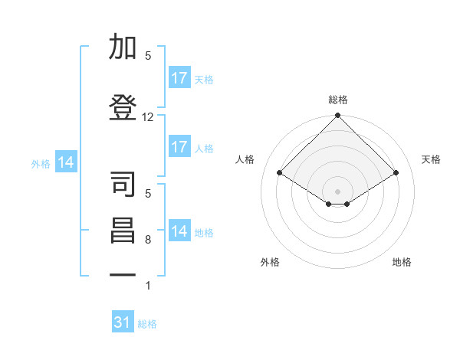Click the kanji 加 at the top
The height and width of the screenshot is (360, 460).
coord(123,46)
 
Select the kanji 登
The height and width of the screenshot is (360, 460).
coord(123,107)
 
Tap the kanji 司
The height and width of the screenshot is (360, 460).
coord(123,184)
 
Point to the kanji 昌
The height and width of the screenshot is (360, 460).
coord(123,231)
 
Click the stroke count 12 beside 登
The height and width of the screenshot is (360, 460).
coord(147,117)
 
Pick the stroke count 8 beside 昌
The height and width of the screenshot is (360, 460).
coord(148,240)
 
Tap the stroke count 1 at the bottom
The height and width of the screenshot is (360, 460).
coord(148,285)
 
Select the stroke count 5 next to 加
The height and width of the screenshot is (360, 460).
coord(148,55)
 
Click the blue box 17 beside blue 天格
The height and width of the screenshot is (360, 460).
coord(179,77)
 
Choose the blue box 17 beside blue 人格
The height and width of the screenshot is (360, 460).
coord(179,146)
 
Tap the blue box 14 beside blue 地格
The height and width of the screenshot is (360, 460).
coord(179,230)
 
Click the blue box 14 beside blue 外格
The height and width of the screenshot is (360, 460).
coord(66,162)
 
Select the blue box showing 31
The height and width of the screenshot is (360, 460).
coord(123,321)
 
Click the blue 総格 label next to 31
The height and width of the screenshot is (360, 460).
coord(147,324)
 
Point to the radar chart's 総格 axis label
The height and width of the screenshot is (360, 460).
coord(338,100)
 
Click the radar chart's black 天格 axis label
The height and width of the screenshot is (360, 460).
coord(431,159)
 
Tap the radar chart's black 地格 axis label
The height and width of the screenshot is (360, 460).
coord(402,262)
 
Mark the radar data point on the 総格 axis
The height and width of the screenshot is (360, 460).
coord(337,115)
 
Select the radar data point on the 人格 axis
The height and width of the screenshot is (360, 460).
coord(280,172)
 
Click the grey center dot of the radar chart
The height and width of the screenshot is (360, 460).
coord(337,191)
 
